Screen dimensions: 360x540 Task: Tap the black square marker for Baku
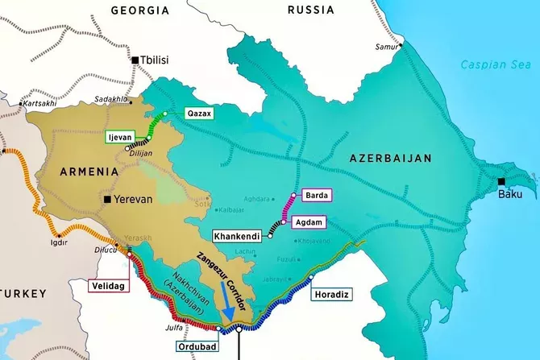tap(501, 181)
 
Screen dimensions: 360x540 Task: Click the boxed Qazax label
tap(199, 114)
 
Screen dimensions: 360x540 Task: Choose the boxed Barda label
tap(315, 195)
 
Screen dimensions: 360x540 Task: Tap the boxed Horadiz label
tap(331, 296)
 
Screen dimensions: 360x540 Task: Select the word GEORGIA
tap(140, 11)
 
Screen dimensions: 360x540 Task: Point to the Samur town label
tap(386, 47)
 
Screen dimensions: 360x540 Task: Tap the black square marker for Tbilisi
tap(135, 60)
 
